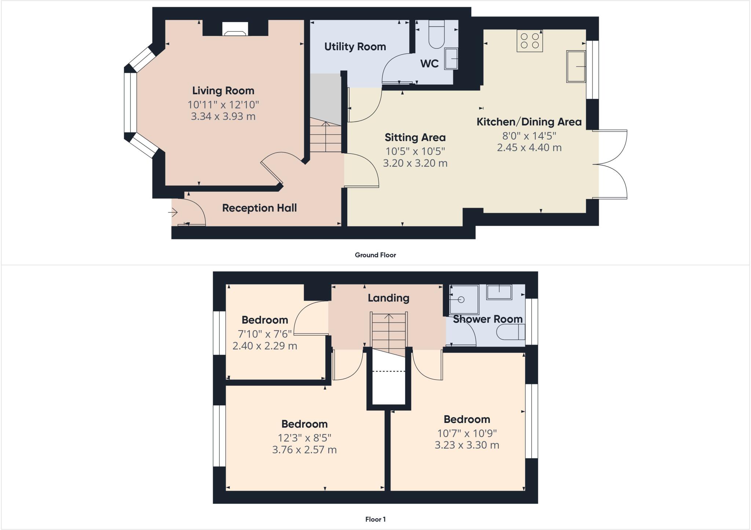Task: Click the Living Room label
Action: tap(223, 91)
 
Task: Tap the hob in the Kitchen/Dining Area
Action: tap(530, 41)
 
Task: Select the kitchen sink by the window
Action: tap(576, 66)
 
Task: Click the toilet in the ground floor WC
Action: tap(436, 35)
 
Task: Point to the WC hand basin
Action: tap(451, 59)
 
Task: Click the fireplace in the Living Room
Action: tap(235, 29)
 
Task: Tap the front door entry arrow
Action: tap(173, 212)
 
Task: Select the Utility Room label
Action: tap(355, 47)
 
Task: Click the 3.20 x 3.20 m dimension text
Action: tap(415, 163)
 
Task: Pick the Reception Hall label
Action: tap(259, 208)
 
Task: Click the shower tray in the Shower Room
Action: tap(464, 299)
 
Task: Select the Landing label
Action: tap(388, 298)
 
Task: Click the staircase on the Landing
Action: tap(388, 332)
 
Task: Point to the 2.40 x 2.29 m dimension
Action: tap(264, 346)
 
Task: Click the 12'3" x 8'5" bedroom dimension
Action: tap(304, 438)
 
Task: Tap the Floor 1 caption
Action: tap(375, 519)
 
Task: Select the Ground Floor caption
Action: tap(375, 255)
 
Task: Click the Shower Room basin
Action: tap(499, 292)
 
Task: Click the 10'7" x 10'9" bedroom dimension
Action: tap(467, 433)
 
